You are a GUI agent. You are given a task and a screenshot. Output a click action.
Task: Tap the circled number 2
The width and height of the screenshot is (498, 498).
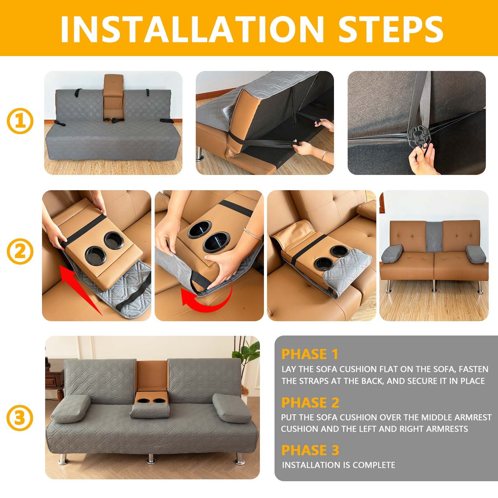click(20, 251)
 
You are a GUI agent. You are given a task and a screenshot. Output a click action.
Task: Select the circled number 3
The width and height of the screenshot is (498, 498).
click(20, 418)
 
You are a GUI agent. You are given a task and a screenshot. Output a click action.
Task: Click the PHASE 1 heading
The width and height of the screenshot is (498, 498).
click(310, 354)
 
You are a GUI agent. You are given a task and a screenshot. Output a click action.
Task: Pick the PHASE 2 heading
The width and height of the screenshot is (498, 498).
click(310, 402)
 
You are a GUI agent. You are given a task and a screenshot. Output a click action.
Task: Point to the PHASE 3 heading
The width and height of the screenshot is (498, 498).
click(310, 450)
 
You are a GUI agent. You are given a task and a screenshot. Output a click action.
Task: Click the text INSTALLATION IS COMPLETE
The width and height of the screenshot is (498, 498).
click(338, 465)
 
